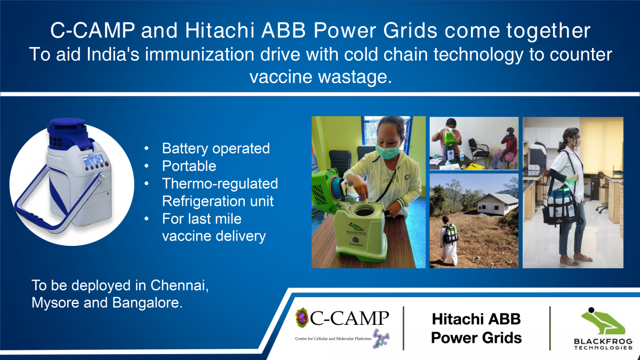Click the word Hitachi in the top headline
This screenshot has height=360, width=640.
pyautogui.click(x=220, y=30)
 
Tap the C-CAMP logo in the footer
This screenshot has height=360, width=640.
pyautogui.click(x=342, y=328)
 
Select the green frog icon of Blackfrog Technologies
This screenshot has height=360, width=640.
pyautogui.click(x=603, y=321)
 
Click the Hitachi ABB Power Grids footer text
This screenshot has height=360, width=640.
pyautogui.click(x=476, y=329)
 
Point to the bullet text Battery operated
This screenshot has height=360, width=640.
pyautogui.click(x=215, y=148)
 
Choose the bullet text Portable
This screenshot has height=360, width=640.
pyautogui.click(x=189, y=166)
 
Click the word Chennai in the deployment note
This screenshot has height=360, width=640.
pyautogui.click(x=179, y=285)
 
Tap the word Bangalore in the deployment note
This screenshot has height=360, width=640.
pyautogui.click(x=147, y=302)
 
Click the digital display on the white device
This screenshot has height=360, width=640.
pyautogui.click(x=93, y=161)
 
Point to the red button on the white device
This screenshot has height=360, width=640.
pyautogui.click(x=107, y=164)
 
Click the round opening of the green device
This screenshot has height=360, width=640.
pyautogui.click(x=364, y=211)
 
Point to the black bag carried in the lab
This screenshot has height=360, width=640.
pyautogui.click(x=559, y=205)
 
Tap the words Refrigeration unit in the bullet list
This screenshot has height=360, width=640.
pyautogui.click(x=218, y=201)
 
